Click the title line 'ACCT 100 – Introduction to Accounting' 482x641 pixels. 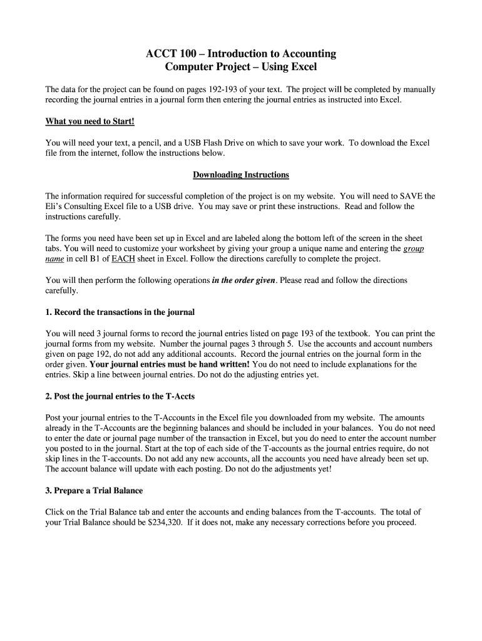pos(241,54)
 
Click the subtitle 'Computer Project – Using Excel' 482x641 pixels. pos(241,67)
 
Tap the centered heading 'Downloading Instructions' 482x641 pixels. pos(241,175)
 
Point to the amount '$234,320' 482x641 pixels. pos(166,522)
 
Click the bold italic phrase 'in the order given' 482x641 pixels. pos(244,280)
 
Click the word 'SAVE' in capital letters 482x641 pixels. pos(412,196)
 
